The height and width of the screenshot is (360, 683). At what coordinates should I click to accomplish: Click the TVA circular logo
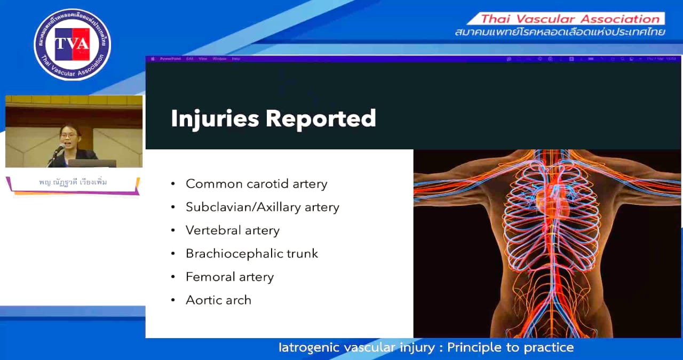[x=73, y=44]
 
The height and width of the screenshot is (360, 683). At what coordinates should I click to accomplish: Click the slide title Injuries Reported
[x=273, y=118]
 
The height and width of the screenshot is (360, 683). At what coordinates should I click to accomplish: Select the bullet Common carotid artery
[x=256, y=184]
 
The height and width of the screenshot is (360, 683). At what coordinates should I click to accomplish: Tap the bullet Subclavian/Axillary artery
[x=262, y=207]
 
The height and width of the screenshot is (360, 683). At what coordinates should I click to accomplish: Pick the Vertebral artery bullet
[x=232, y=230]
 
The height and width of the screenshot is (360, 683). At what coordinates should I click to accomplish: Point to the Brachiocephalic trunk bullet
[x=251, y=253]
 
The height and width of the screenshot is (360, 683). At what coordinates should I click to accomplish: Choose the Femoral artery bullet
[x=229, y=277]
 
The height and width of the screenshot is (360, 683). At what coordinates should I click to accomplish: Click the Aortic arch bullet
[x=218, y=300]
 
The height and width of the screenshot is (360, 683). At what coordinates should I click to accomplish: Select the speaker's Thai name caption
[x=73, y=182]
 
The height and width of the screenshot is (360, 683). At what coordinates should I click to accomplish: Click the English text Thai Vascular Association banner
[x=570, y=19]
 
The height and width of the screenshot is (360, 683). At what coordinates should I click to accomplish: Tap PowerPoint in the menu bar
[x=171, y=59]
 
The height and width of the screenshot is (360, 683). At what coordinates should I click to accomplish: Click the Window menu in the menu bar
[x=219, y=59]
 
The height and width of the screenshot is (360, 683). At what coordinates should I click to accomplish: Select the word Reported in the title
[x=321, y=118]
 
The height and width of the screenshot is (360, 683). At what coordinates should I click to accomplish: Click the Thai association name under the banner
[x=560, y=33]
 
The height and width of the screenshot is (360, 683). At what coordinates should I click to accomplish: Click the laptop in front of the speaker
[x=92, y=163]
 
